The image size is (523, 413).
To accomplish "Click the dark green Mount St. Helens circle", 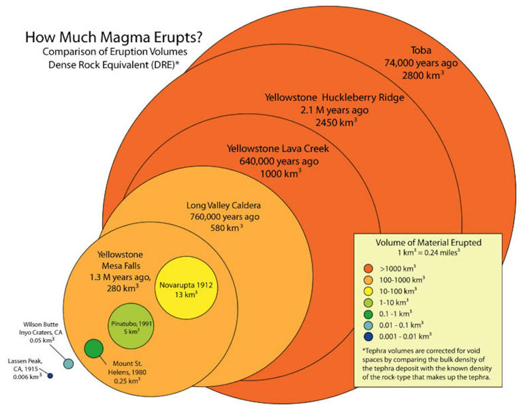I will [94, 348].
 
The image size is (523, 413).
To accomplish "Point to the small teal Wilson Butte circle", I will [68, 363].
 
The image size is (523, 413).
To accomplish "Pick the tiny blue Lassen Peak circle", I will [50, 376].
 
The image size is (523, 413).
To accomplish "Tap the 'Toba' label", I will [424, 50].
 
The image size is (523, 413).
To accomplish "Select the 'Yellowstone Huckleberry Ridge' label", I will [334, 97].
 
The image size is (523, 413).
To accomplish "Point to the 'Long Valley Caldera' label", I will [223, 205].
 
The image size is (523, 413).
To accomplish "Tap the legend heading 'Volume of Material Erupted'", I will [429, 242].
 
